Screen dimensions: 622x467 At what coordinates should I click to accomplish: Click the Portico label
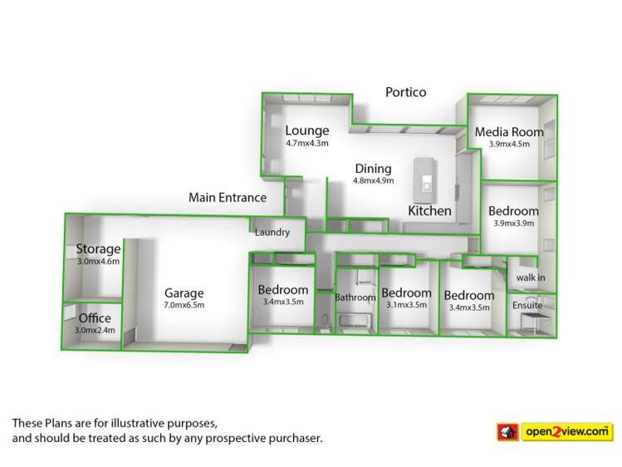click(x=406, y=92)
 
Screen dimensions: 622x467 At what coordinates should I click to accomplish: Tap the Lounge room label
click(x=307, y=130)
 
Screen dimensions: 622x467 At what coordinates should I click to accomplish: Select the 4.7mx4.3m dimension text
click(x=307, y=143)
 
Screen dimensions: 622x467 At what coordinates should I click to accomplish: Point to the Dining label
click(x=373, y=169)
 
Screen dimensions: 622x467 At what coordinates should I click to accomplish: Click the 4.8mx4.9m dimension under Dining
click(x=373, y=181)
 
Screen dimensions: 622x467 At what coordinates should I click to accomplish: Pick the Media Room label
click(x=509, y=132)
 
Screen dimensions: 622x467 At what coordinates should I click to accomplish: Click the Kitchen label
click(x=429, y=211)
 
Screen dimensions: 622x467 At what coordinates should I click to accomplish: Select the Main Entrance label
click(x=228, y=198)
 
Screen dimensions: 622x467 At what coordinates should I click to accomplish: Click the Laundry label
click(x=272, y=232)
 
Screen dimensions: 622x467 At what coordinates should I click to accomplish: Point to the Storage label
click(x=98, y=248)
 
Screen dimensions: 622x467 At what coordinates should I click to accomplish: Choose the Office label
click(x=95, y=317)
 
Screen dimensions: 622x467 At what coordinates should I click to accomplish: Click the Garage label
click(x=184, y=293)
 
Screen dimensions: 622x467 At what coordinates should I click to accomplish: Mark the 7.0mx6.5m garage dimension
click(x=184, y=305)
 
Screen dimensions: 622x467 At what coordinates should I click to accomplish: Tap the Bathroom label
click(x=355, y=297)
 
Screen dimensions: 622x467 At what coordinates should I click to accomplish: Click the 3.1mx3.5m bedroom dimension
click(x=407, y=305)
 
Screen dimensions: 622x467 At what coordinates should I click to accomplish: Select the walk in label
click(x=531, y=278)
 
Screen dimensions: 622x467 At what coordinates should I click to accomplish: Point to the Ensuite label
click(x=527, y=306)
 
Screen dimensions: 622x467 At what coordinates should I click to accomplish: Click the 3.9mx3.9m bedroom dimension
click(x=514, y=224)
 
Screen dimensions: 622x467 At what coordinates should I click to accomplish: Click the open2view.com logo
click(x=555, y=432)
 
